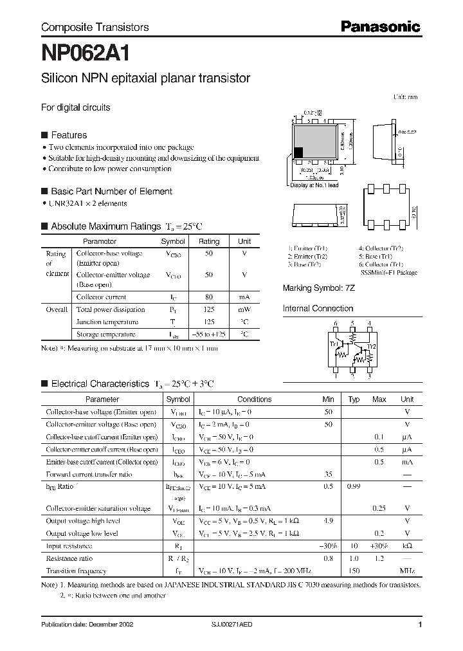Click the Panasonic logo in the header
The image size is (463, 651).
[380, 27]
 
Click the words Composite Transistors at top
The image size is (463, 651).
[95, 27]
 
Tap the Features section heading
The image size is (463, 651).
[68, 135]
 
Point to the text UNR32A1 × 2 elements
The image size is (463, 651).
[88, 203]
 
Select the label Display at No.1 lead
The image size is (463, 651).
[314, 185]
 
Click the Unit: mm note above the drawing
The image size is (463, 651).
[405, 97]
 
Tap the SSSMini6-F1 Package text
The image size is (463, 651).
[389, 273]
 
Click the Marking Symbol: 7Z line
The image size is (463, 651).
[319, 289]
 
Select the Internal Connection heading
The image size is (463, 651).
[318, 308]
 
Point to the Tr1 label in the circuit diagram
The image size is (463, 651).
[334, 344]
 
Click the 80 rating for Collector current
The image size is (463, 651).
[208, 297]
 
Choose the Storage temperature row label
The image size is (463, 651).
[105, 335]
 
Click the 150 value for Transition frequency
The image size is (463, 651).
[353, 571]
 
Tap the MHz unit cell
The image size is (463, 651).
[406, 571]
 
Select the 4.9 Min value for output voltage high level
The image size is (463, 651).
[329, 522]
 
